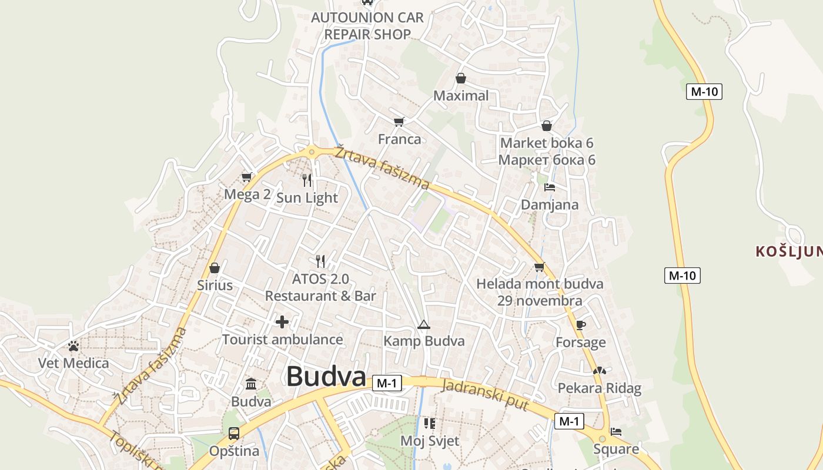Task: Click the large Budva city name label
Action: (326, 377)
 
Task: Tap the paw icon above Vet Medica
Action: (73, 346)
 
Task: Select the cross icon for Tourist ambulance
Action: (282, 322)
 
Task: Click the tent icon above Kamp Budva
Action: (423, 324)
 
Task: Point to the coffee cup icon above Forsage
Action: (581, 325)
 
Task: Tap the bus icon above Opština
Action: (233, 434)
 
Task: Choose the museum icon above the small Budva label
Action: (251, 384)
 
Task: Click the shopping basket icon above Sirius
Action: (215, 268)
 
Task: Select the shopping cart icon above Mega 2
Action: (247, 177)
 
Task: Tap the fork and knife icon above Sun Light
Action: (307, 180)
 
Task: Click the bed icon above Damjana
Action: (550, 187)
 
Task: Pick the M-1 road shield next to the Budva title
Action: (387, 384)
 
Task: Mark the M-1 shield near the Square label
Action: (569, 421)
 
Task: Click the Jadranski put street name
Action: (485, 395)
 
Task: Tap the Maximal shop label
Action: (461, 96)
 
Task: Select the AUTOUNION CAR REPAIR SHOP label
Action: (367, 26)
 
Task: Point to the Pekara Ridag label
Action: (599, 388)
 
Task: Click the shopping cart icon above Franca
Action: (399, 122)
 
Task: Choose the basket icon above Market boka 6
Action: (546, 126)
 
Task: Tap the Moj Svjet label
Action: (430, 441)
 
